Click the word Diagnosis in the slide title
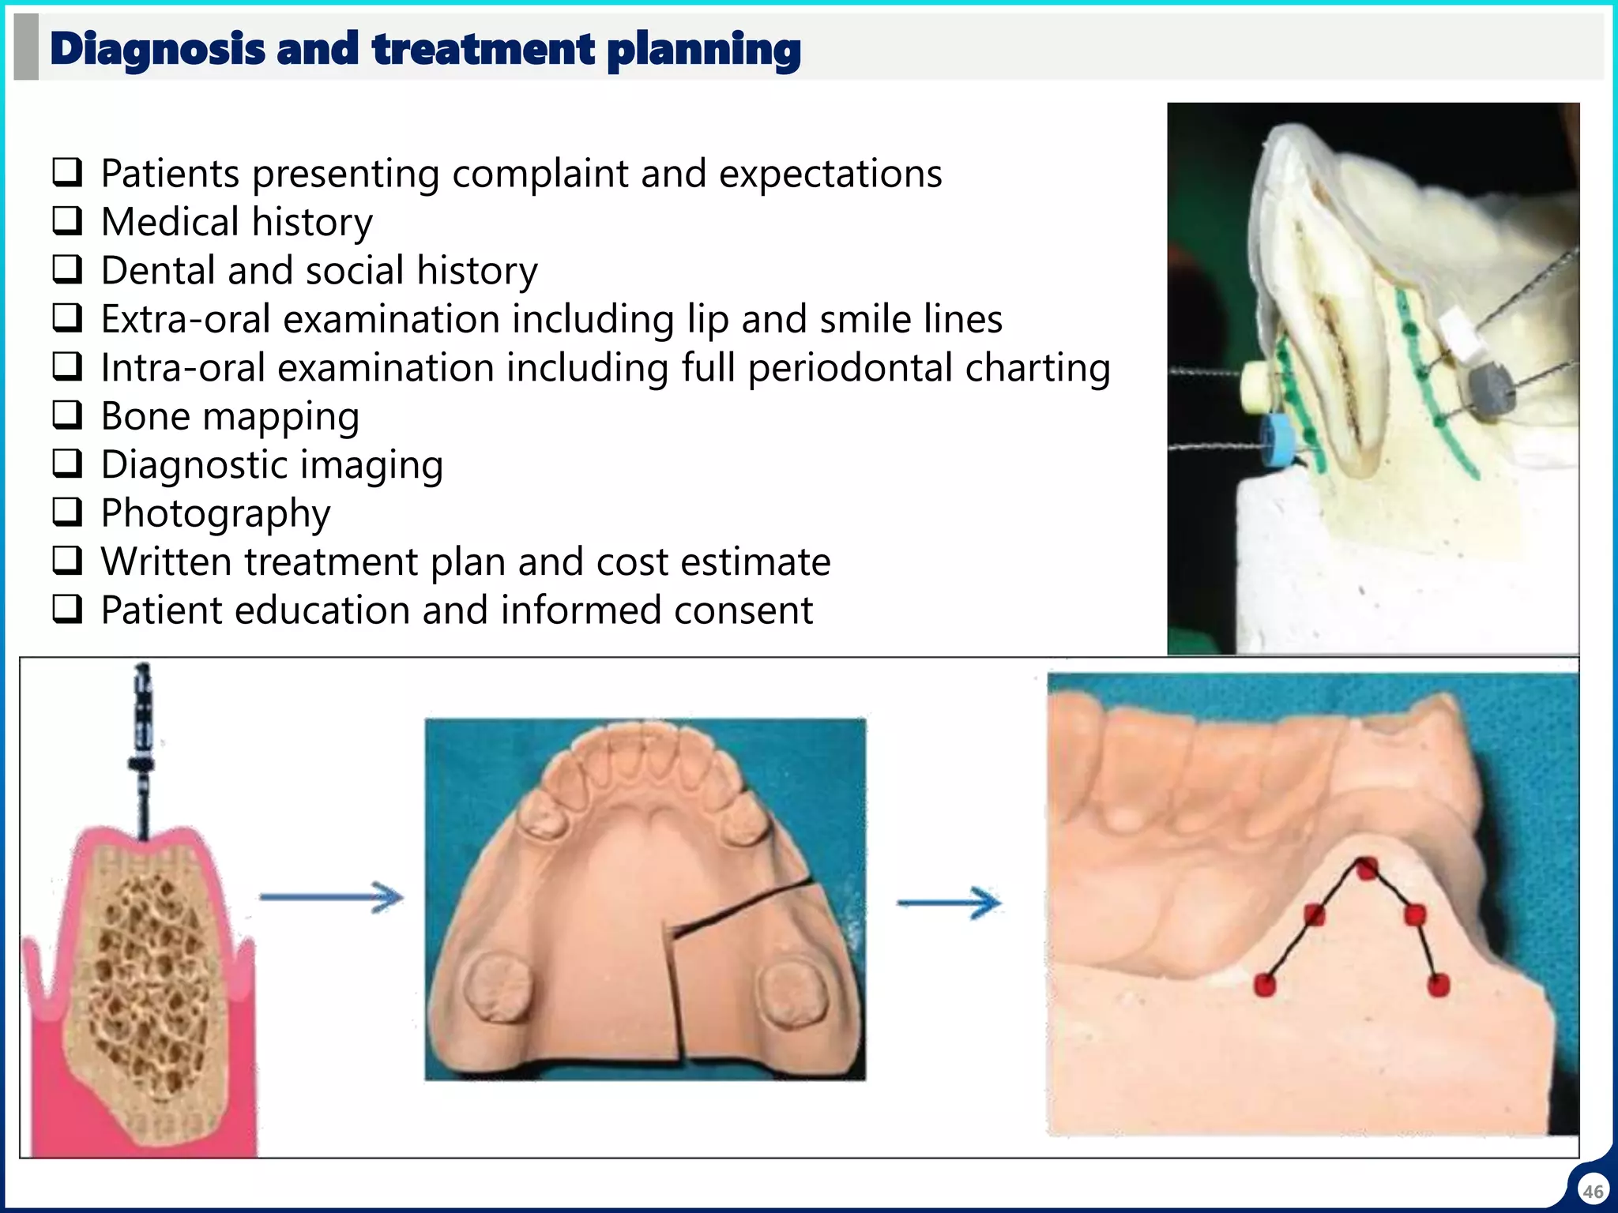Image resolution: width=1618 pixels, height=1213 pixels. pyautogui.click(x=157, y=49)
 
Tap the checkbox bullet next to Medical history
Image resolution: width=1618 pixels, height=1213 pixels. pyautogui.click(x=67, y=221)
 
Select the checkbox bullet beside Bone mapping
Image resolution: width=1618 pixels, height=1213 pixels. pyautogui.click(x=67, y=415)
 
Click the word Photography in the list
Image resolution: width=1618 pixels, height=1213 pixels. pyautogui.click(x=216, y=513)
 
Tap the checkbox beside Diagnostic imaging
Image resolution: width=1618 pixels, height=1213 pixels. pyautogui.click(x=67, y=464)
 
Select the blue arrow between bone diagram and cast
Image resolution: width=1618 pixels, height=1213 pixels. pyautogui.click(x=332, y=897)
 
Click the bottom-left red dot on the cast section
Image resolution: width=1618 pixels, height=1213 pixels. pyautogui.click(x=1265, y=985)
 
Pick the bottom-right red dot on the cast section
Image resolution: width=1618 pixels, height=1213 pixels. pyautogui.click(x=1439, y=985)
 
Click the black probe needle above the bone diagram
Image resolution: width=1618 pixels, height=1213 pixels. pyautogui.click(x=142, y=750)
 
